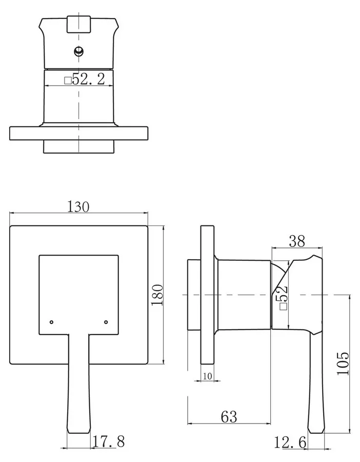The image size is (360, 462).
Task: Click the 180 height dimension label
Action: pyautogui.click(x=157, y=295)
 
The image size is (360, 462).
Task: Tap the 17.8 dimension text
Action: pyautogui.click(x=109, y=441)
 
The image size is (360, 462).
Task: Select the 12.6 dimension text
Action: pyautogui.click(x=290, y=442)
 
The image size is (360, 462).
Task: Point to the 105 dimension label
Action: pyautogui.click(x=343, y=363)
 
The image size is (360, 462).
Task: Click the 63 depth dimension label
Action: pyautogui.click(x=229, y=417)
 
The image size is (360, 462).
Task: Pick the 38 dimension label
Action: pyautogui.click(x=297, y=241)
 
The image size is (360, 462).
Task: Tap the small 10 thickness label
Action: pyautogui.click(x=208, y=376)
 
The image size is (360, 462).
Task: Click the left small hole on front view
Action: pyautogui.click(x=51, y=322)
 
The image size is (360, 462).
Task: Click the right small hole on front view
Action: pyautogui.click(x=106, y=322)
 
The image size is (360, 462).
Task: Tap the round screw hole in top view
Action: pyautogui.click(x=78, y=51)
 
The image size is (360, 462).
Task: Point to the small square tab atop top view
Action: pyautogui.click(x=78, y=24)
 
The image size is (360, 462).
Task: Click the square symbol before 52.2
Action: pyautogui.click(x=68, y=80)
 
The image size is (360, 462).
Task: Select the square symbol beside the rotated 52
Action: pyautogui.click(x=283, y=306)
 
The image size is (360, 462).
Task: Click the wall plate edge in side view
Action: pyautogui.click(x=208, y=295)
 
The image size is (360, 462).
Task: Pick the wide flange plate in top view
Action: pyautogui.click(x=78, y=133)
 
